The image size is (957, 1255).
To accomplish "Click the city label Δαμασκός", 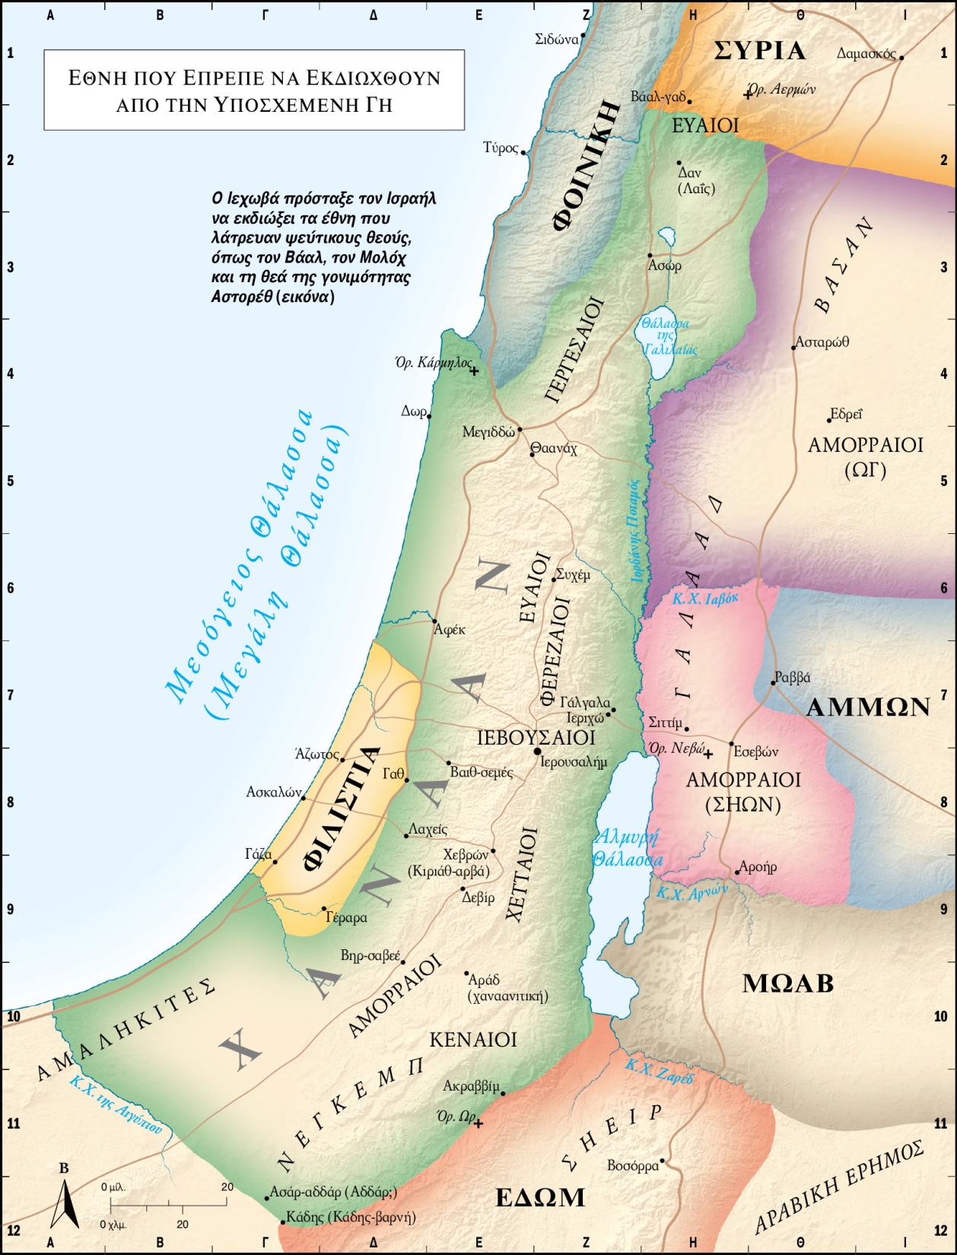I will coord(866,54).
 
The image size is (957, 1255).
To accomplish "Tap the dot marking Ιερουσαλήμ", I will coord(537,751).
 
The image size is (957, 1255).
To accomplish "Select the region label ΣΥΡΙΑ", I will coord(759,51).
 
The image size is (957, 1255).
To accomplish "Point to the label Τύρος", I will coord(501,148).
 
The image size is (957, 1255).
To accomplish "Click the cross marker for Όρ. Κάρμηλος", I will coord(474,371).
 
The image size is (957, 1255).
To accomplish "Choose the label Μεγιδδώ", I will coord(488,432).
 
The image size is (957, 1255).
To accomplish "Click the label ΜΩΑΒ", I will coord(787,983).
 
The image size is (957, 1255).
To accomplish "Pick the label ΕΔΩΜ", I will coord(540,1198).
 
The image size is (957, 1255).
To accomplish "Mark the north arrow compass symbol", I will coord(65,1202).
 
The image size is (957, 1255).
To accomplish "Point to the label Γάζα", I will coord(258,854).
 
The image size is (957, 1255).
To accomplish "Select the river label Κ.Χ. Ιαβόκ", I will coord(704,599).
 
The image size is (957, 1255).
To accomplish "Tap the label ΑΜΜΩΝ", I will coord(867,707).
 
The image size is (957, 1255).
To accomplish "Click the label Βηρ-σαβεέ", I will coord(370,955).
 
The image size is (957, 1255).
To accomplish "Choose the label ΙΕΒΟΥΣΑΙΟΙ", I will coord(536,737).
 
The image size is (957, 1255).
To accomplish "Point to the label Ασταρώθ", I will coord(822,342).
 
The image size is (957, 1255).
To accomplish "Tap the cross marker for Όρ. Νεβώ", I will coord(707,755).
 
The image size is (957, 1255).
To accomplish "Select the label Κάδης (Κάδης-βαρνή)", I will coord(350,1217).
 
